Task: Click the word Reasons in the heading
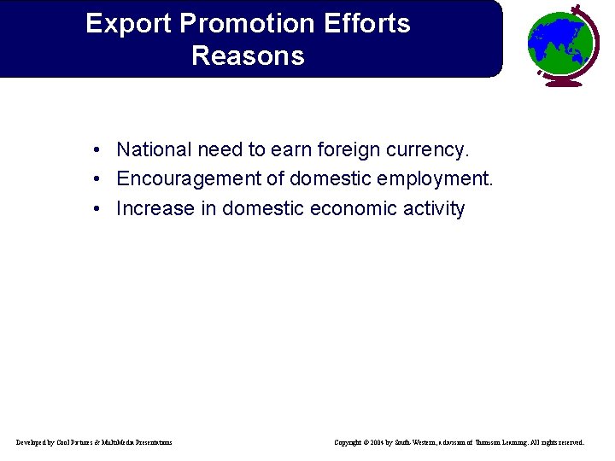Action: click(x=248, y=56)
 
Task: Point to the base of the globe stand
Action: click(x=559, y=83)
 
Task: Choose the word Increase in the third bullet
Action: click(x=155, y=208)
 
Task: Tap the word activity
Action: click(x=436, y=209)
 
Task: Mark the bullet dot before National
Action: click(x=100, y=150)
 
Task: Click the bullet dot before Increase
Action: click(x=100, y=208)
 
